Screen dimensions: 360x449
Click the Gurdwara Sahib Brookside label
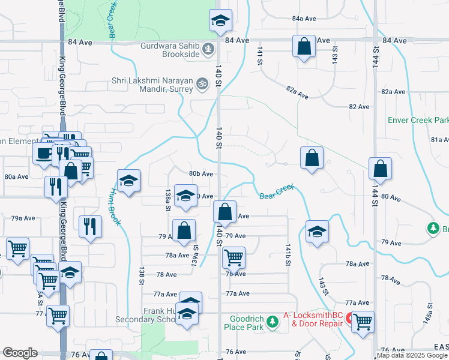[x=170, y=50]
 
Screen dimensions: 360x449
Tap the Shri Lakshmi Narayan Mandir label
[x=152, y=85]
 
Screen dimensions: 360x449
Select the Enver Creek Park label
[x=418, y=120]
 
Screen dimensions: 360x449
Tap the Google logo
[x=20, y=353]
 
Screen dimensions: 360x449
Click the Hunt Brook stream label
[x=115, y=207]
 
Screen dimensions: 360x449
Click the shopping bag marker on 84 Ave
[x=304, y=47]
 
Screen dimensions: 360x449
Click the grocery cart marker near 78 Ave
[x=233, y=257]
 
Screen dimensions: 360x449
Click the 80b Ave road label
[x=201, y=174]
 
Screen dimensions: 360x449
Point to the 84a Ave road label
[x=304, y=19]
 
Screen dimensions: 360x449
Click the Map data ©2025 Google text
[x=412, y=355]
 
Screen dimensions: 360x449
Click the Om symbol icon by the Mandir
[x=203, y=85]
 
